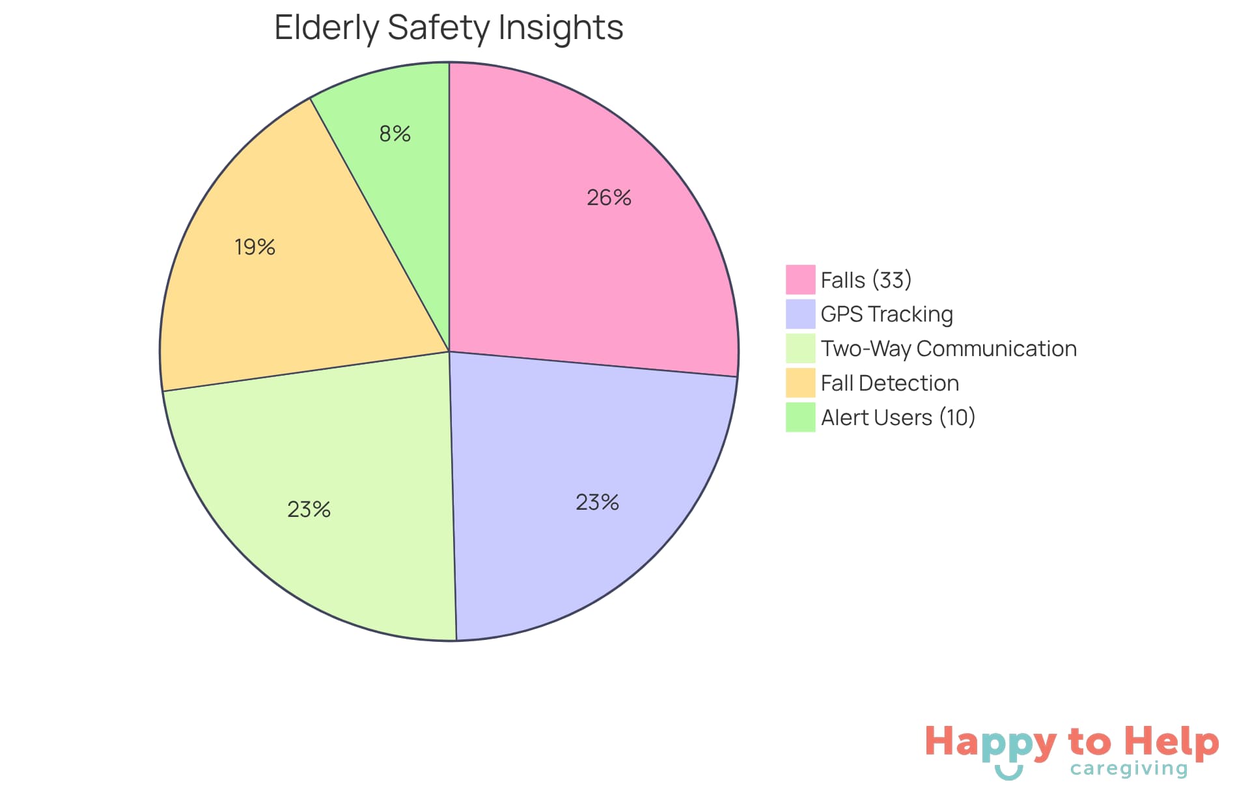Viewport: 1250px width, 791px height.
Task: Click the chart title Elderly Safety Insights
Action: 449,28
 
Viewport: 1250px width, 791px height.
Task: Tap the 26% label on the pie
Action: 609,197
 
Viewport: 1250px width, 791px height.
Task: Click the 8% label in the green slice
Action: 395,134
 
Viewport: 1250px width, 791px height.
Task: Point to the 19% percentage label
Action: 255,247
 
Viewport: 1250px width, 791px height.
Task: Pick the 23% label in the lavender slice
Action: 597,502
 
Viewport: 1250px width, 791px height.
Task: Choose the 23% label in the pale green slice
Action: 309,509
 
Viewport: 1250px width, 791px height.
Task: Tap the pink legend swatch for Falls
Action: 800,280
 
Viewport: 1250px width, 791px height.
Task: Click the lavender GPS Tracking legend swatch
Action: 800,314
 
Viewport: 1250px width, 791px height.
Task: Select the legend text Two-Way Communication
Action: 949,349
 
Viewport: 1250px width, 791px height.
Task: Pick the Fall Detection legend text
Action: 889,383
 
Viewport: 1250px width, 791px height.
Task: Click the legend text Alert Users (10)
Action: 898,417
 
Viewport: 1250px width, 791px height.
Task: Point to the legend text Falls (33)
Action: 866,280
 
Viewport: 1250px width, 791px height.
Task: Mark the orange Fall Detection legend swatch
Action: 800,383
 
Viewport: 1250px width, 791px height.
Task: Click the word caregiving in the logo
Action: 1129,769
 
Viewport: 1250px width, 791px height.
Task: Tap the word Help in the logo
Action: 1172,742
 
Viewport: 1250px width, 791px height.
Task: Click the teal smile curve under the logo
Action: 1008,773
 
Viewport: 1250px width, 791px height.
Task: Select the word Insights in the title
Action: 561,28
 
